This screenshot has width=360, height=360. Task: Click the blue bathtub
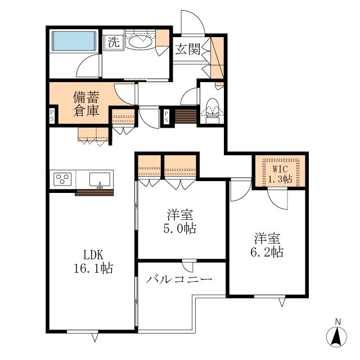(x=74, y=41)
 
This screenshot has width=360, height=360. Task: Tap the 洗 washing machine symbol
(x=114, y=43)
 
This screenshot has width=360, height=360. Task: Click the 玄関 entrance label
(x=187, y=49)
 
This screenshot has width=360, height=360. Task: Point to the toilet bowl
(x=213, y=107)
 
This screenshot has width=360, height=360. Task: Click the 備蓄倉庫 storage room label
(x=86, y=103)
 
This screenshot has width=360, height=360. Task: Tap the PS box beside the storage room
(x=52, y=115)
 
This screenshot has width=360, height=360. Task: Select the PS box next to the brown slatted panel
(x=166, y=116)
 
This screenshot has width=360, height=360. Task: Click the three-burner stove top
(x=62, y=179)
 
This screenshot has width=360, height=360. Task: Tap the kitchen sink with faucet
(x=100, y=180)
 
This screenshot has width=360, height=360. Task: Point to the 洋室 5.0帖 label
(x=180, y=222)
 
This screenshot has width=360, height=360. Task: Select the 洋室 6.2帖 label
(x=267, y=245)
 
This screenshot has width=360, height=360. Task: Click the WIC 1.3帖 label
(x=280, y=174)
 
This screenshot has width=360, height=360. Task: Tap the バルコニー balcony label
(x=179, y=280)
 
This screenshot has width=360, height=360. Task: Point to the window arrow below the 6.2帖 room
(x=282, y=303)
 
